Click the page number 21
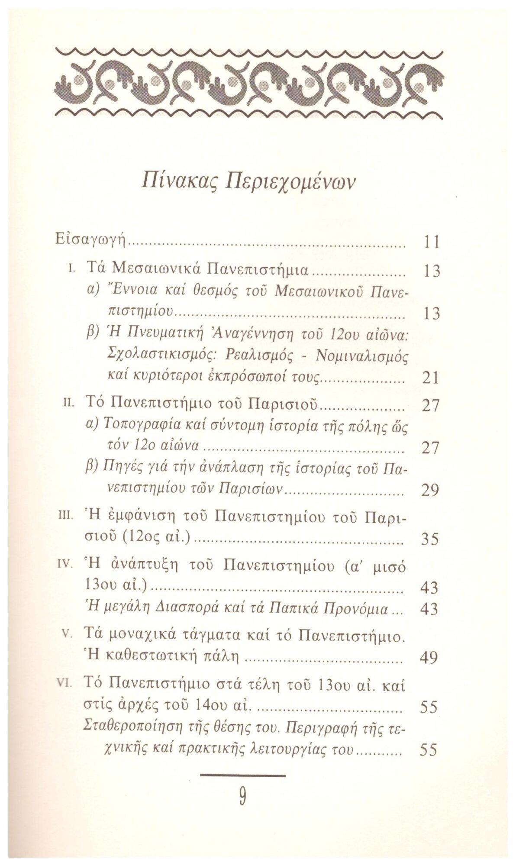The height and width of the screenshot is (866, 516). point(430,378)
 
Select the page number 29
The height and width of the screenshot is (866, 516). point(430,490)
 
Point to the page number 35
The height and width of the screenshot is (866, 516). point(430,539)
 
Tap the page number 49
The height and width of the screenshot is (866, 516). point(429,658)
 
